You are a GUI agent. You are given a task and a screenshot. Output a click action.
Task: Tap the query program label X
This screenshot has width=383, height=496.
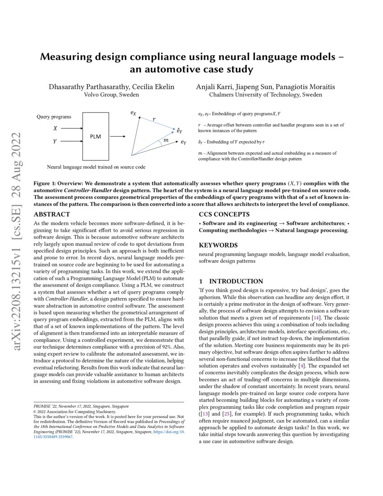pos(55,129)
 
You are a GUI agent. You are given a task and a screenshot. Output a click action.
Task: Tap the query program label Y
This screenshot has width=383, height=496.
pos(55,142)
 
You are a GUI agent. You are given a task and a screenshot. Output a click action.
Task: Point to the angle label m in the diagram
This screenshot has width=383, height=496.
pos(166,141)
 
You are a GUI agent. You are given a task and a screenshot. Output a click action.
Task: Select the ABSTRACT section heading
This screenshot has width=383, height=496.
pos(52,215)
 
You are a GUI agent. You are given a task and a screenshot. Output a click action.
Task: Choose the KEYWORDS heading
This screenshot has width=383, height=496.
pos(218,245)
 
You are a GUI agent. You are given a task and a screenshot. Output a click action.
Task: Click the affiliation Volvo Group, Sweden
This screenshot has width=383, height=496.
pos(111,95)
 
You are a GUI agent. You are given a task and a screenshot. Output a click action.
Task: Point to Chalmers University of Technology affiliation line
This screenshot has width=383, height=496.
pos(265,95)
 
